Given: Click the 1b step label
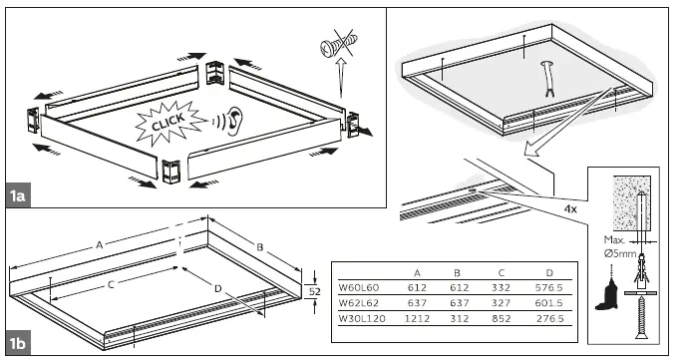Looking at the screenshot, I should [18, 345].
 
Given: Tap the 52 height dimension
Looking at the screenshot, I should [313, 291].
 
